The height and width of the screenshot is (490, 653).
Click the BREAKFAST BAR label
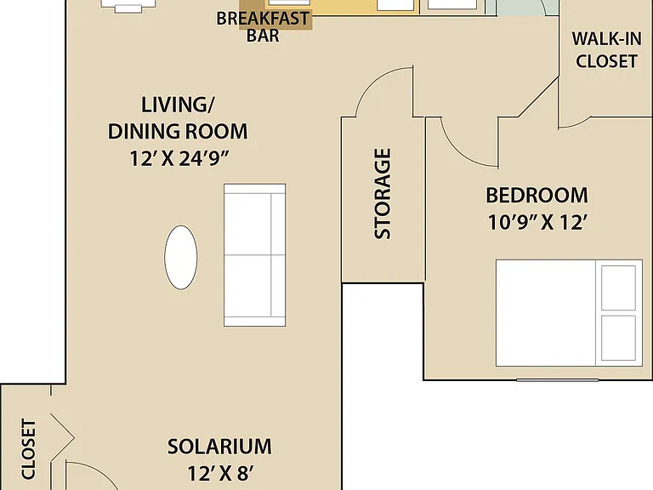click(263, 26)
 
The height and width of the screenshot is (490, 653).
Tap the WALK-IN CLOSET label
click(606, 50)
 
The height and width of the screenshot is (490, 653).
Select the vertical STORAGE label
click(383, 194)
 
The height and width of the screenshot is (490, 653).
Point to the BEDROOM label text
click(537, 196)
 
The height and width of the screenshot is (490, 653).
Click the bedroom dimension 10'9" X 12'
click(537, 222)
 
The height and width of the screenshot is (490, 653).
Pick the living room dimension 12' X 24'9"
click(179, 158)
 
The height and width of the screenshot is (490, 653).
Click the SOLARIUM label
click(219, 447)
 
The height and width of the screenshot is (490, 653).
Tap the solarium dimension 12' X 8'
click(220, 473)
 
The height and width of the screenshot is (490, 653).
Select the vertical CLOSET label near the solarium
click(29, 449)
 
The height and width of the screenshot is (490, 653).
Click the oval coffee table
click(181, 258)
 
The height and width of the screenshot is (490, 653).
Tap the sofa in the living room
click(254, 255)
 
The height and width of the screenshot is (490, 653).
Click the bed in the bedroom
click(569, 313)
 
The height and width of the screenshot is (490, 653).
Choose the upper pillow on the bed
click(618, 288)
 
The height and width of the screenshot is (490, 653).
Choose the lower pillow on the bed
click(618, 338)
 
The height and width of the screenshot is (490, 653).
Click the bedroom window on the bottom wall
click(558, 380)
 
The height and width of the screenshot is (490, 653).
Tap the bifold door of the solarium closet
click(62, 437)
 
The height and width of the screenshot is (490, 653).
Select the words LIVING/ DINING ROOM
click(178, 118)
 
